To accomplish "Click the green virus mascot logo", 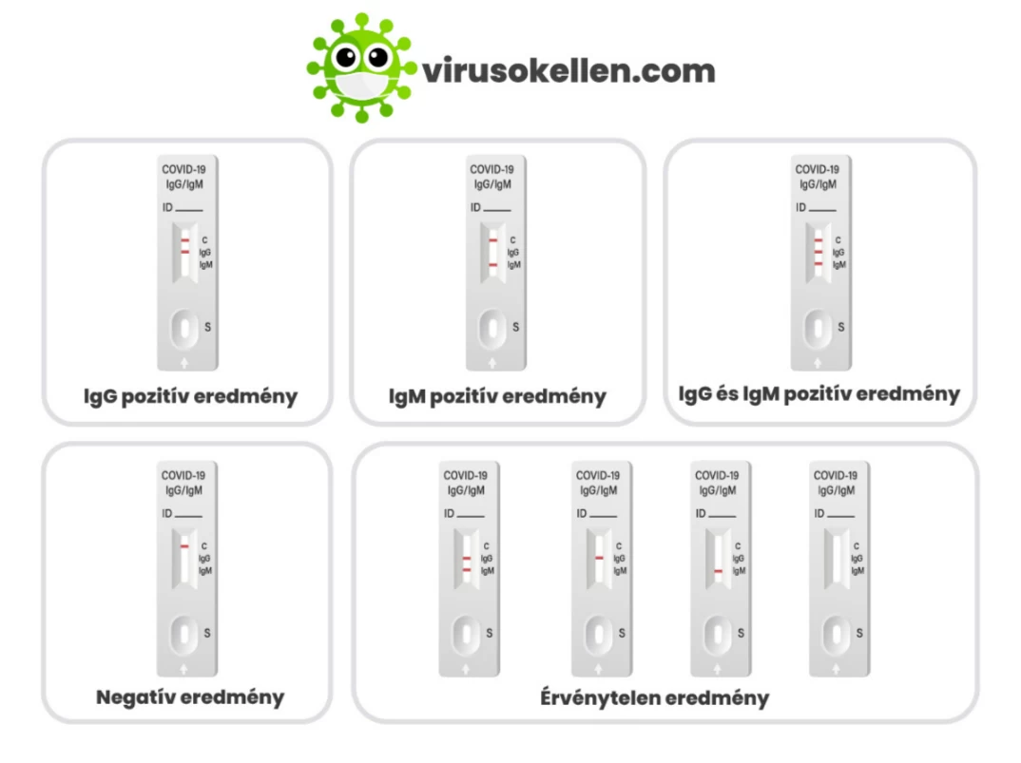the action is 361,67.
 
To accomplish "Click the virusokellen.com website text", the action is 568,71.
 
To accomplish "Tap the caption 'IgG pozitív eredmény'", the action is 190,396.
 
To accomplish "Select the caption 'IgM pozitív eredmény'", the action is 497,396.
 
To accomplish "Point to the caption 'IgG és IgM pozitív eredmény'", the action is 819,394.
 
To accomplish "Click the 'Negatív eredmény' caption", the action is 190,697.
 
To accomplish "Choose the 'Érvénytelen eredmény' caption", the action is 654,697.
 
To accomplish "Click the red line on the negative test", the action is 184,546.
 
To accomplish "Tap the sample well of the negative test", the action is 184,635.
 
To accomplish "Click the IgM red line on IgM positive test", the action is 493,265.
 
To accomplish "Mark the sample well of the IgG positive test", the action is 185,329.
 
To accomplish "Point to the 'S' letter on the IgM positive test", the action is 515,327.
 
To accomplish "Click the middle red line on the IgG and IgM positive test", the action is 819,252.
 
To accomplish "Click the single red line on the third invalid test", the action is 718,571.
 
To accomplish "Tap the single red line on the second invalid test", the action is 599,558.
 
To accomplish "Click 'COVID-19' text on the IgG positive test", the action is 183,169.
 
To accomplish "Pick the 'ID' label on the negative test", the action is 166,514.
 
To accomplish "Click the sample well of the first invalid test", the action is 466,635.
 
